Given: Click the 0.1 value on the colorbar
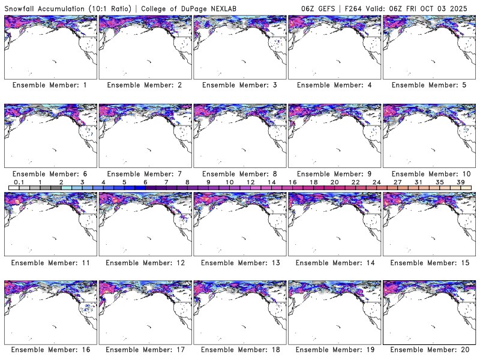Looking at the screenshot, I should coord(19,182).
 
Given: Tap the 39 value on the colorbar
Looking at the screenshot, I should coord(460,182).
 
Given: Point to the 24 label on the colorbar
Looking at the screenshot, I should coord(376,182).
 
